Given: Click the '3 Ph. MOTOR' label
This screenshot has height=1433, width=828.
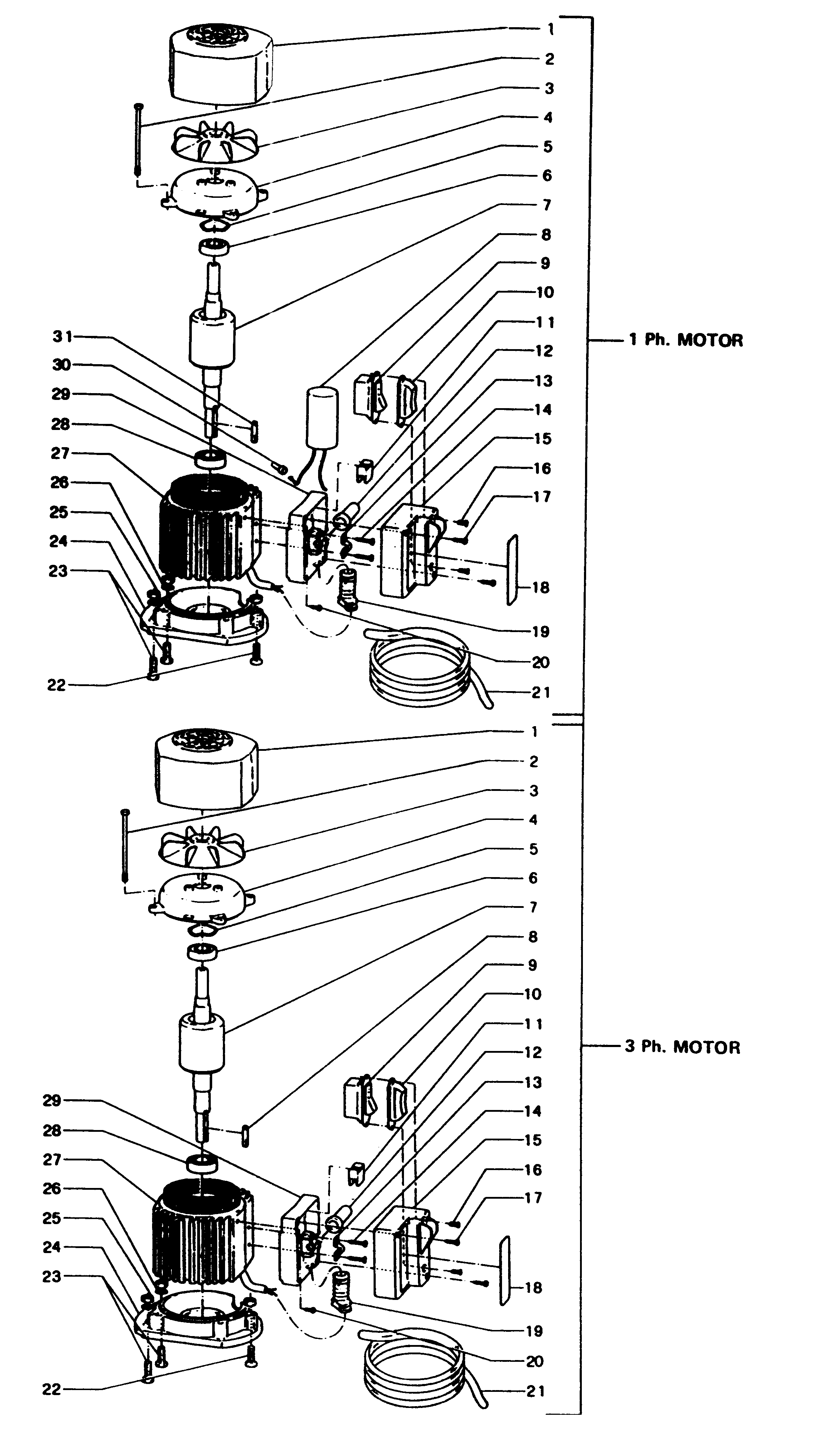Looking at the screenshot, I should (x=682, y=1047).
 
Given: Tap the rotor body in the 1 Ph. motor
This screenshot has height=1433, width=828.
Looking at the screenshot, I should (x=211, y=338).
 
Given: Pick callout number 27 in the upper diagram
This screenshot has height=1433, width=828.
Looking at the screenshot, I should (x=60, y=453).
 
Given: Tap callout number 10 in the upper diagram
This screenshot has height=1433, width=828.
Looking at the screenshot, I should (x=544, y=292).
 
